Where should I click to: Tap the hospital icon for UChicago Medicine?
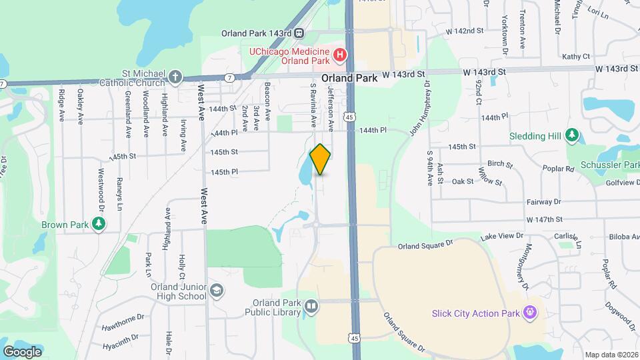(x=340, y=54)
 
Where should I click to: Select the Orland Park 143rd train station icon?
(x=299, y=33)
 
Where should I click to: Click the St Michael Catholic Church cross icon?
(x=175, y=77)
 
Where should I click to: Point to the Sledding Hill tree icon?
(x=571, y=135)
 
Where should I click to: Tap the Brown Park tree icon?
(x=99, y=225)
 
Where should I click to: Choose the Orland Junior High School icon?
(x=217, y=291)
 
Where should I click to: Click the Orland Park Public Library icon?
(x=311, y=306)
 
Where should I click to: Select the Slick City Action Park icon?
(x=530, y=311)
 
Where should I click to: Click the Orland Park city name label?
(x=349, y=78)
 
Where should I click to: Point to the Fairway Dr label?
(x=543, y=202)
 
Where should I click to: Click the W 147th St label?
(x=545, y=219)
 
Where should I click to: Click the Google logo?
(x=22, y=351)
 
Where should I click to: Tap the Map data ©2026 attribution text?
(x=611, y=355)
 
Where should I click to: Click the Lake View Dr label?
(x=507, y=236)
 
